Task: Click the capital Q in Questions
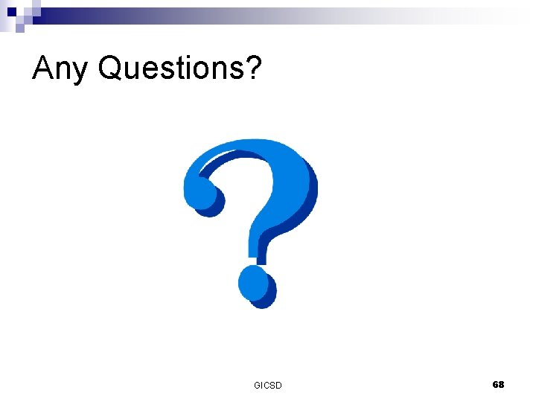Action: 110,68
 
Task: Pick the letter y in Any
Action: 80,71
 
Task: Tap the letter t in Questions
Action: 174,68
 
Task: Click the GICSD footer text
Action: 268,385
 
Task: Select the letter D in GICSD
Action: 278,385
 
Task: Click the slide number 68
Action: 498,384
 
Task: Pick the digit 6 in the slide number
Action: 495,384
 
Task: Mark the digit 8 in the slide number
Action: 501,384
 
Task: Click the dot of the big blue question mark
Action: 254,284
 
